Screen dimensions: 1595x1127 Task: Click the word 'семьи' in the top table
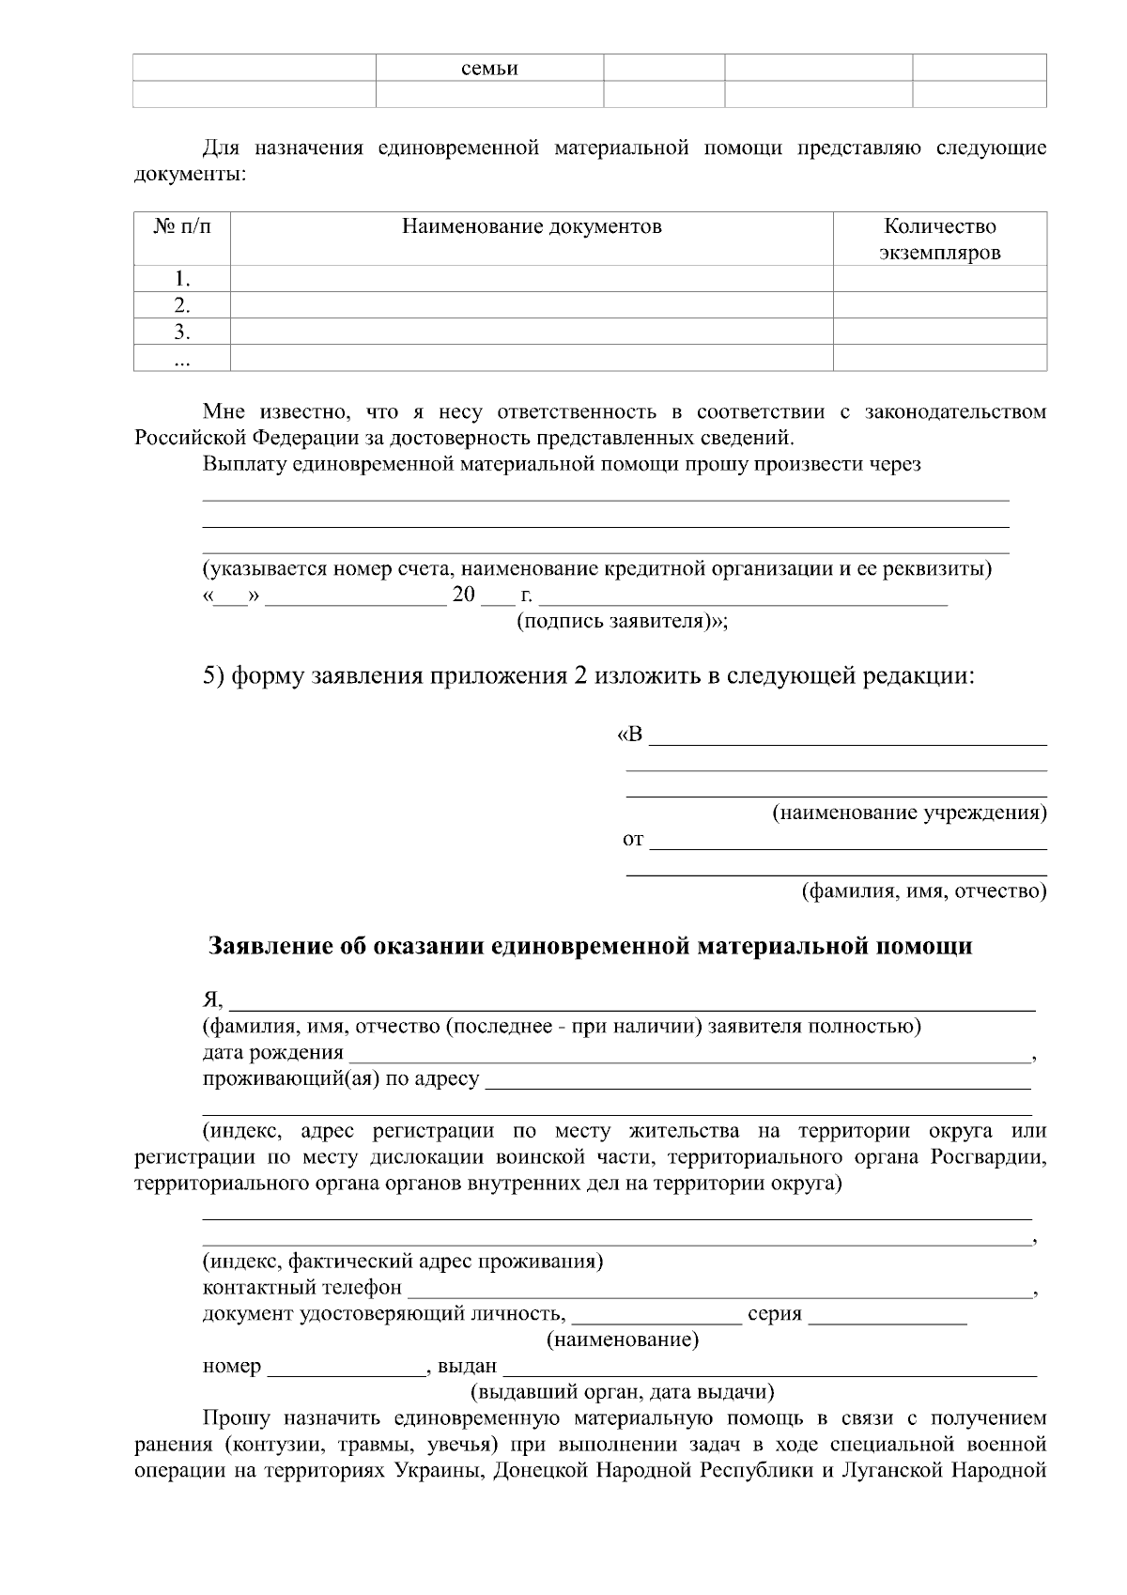click(489, 69)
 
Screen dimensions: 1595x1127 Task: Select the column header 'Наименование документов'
click(532, 226)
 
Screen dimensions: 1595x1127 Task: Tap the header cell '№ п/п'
click(182, 226)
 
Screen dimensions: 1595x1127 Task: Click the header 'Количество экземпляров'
click(939, 240)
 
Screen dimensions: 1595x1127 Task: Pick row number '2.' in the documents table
click(182, 305)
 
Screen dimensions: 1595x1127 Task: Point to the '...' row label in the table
click(182, 358)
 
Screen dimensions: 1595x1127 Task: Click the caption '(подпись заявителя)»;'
click(623, 622)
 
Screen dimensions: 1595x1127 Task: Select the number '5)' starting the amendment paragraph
click(213, 675)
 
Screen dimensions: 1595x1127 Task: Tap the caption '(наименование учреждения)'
click(909, 812)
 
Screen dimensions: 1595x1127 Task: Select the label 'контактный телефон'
click(302, 1288)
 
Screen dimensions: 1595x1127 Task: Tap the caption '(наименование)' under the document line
click(623, 1339)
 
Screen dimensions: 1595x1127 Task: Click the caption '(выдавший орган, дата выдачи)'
click(622, 1392)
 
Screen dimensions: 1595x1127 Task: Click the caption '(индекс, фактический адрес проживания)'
click(403, 1262)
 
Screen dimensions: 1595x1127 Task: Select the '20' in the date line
click(465, 596)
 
